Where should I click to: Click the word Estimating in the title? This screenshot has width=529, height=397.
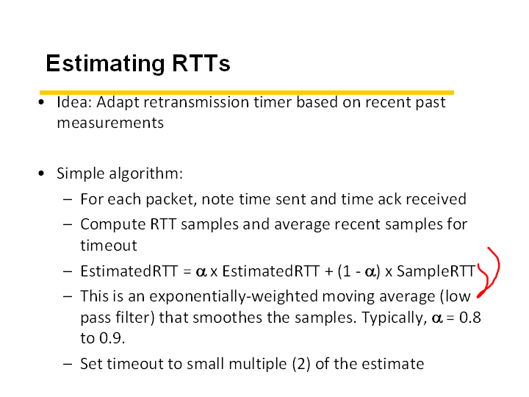point(105,64)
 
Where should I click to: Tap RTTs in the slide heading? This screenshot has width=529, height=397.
point(201,62)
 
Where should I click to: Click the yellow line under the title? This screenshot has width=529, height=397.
point(247,93)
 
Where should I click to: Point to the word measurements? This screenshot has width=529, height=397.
point(110,123)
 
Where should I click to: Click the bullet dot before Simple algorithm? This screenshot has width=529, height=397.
point(41,174)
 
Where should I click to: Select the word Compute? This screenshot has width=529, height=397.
point(112,224)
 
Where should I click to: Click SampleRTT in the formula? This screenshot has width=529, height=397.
point(436,271)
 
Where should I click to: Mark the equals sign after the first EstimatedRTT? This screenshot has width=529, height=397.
point(187,271)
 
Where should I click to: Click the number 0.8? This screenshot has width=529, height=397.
point(470,318)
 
